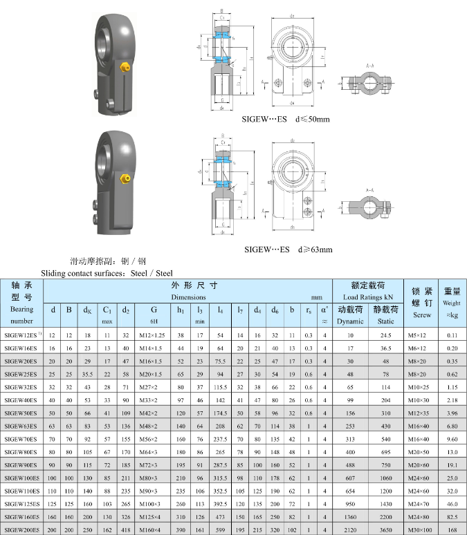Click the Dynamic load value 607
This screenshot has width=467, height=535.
pyautogui.click(x=350, y=478)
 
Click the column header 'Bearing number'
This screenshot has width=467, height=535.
pyautogui.click(x=22, y=315)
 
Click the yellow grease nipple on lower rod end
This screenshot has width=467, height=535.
pyautogui.click(x=125, y=179)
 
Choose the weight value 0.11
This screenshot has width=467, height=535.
pyautogui.click(x=450, y=335)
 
